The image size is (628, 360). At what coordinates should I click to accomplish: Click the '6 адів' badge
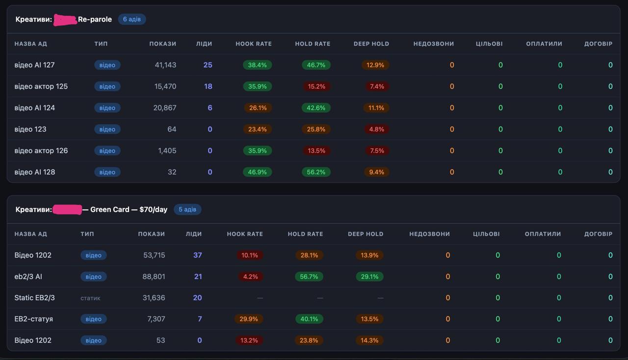pyautogui.click(x=132, y=19)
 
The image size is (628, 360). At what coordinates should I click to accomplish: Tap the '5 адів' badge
pyautogui.click(x=187, y=209)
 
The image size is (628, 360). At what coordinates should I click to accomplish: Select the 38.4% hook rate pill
pyautogui.click(x=258, y=65)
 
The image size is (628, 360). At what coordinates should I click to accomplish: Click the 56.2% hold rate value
pyautogui.click(x=316, y=172)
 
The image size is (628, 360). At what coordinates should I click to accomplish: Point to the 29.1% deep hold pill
pyautogui.click(x=369, y=277)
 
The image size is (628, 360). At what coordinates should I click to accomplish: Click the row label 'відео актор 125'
pyautogui.click(x=41, y=86)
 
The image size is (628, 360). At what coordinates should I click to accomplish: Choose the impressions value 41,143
pyautogui.click(x=165, y=65)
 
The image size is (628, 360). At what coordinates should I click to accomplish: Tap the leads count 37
pyautogui.click(x=197, y=255)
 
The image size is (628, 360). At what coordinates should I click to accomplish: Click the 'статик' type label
pyautogui.click(x=90, y=298)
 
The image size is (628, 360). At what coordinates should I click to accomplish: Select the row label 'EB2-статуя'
pyautogui.click(x=34, y=319)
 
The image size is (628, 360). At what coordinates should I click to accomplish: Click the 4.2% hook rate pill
pyautogui.click(x=250, y=277)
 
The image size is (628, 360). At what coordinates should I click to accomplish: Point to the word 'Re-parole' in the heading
pyautogui.click(x=95, y=19)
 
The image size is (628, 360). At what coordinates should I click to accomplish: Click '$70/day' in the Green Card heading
pyautogui.click(x=154, y=209)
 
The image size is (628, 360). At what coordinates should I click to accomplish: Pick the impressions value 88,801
pyautogui.click(x=154, y=277)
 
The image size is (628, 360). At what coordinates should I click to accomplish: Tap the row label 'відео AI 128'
pyautogui.click(x=35, y=172)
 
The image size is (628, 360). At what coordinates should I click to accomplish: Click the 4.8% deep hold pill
pyautogui.click(x=376, y=129)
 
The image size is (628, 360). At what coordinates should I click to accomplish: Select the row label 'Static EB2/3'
pyautogui.click(x=34, y=298)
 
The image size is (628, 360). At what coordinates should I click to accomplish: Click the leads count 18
pyautogui.click(x=208, y=86)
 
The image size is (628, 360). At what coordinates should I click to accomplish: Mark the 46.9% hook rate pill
pyautogui.click(x=258, y=172)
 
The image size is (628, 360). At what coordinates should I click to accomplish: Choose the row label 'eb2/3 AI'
pyautogui.click(x=28, y=277)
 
